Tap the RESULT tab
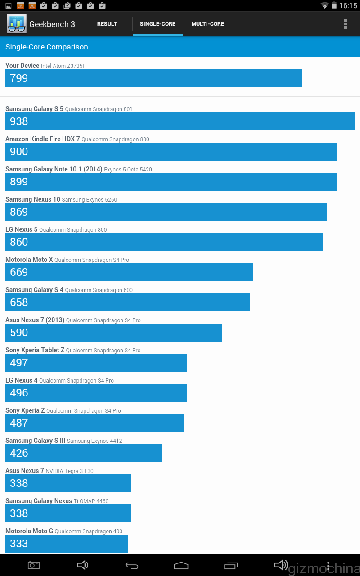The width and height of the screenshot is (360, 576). (x=107, y=24)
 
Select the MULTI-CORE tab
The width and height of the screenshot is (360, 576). (x=207, y=24)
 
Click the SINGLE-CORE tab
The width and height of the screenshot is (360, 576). (x=157, y=24)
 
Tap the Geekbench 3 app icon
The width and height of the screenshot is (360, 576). (x=17, y=24)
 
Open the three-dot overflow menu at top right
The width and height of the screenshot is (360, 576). (x=346, y=24)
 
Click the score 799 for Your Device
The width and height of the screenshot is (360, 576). (x=19, y=78)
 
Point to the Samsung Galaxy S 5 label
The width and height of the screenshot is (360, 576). (x=34, y=109)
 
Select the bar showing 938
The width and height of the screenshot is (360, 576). (x=180, y=121)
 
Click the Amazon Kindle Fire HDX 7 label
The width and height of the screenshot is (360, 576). (x=42, y=139)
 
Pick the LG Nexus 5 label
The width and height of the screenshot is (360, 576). (x=22, y=229)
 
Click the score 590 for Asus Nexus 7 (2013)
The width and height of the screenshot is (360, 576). (x=19, y=333)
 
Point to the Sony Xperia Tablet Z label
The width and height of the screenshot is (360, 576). (x=35, y=350)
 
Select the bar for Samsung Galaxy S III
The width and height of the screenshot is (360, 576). (x=84, y=453)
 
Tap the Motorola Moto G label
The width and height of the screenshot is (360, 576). (x=29, y=531)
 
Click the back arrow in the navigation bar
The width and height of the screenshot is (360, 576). (x=131, y=565)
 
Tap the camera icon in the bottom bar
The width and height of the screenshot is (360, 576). (x=34, y=565)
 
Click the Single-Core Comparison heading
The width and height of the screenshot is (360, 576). (x=47, y=47)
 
